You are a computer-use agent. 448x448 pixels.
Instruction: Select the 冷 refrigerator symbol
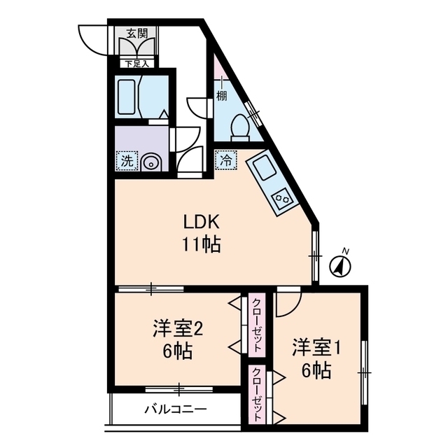[x=225, y=159]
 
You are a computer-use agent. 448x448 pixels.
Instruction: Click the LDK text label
[x=202, y=223]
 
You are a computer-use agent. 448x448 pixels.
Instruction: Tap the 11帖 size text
[x=202, y=244]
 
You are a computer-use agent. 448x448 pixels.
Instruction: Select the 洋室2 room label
[x=178, y=328]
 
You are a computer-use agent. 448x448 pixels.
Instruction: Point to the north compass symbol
[x=340, y=264]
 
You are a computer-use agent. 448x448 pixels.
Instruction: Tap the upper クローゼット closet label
[x=257, y=325]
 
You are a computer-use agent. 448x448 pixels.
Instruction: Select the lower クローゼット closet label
[x=257, y=395]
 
